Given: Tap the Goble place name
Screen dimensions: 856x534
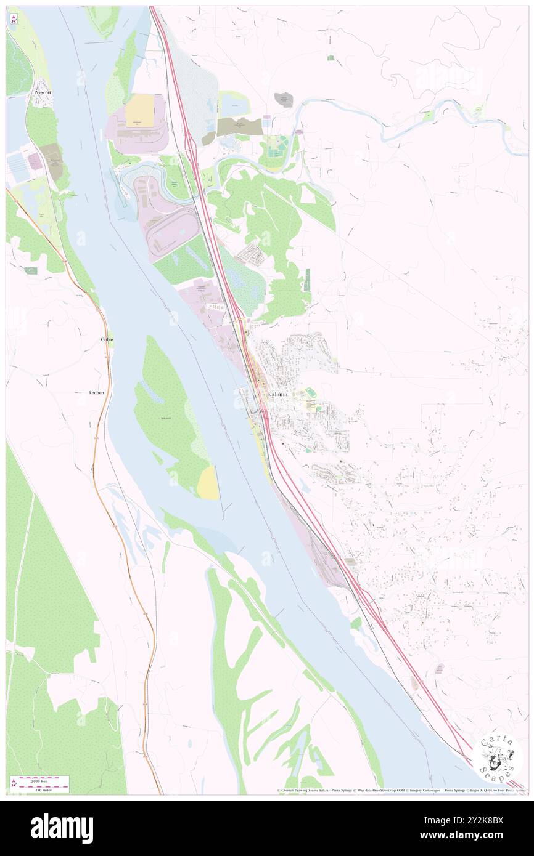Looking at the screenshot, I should click(107, 339).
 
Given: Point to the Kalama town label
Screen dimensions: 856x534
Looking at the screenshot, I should click(277, 394).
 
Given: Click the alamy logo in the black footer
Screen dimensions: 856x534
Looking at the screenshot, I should click(62, 827).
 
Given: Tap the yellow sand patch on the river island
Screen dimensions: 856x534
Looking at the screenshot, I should click(208, 483).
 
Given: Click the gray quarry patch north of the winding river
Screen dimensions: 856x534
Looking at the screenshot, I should click(284, 100).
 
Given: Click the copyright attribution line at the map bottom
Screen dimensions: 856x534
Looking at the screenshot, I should click(401, 790).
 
